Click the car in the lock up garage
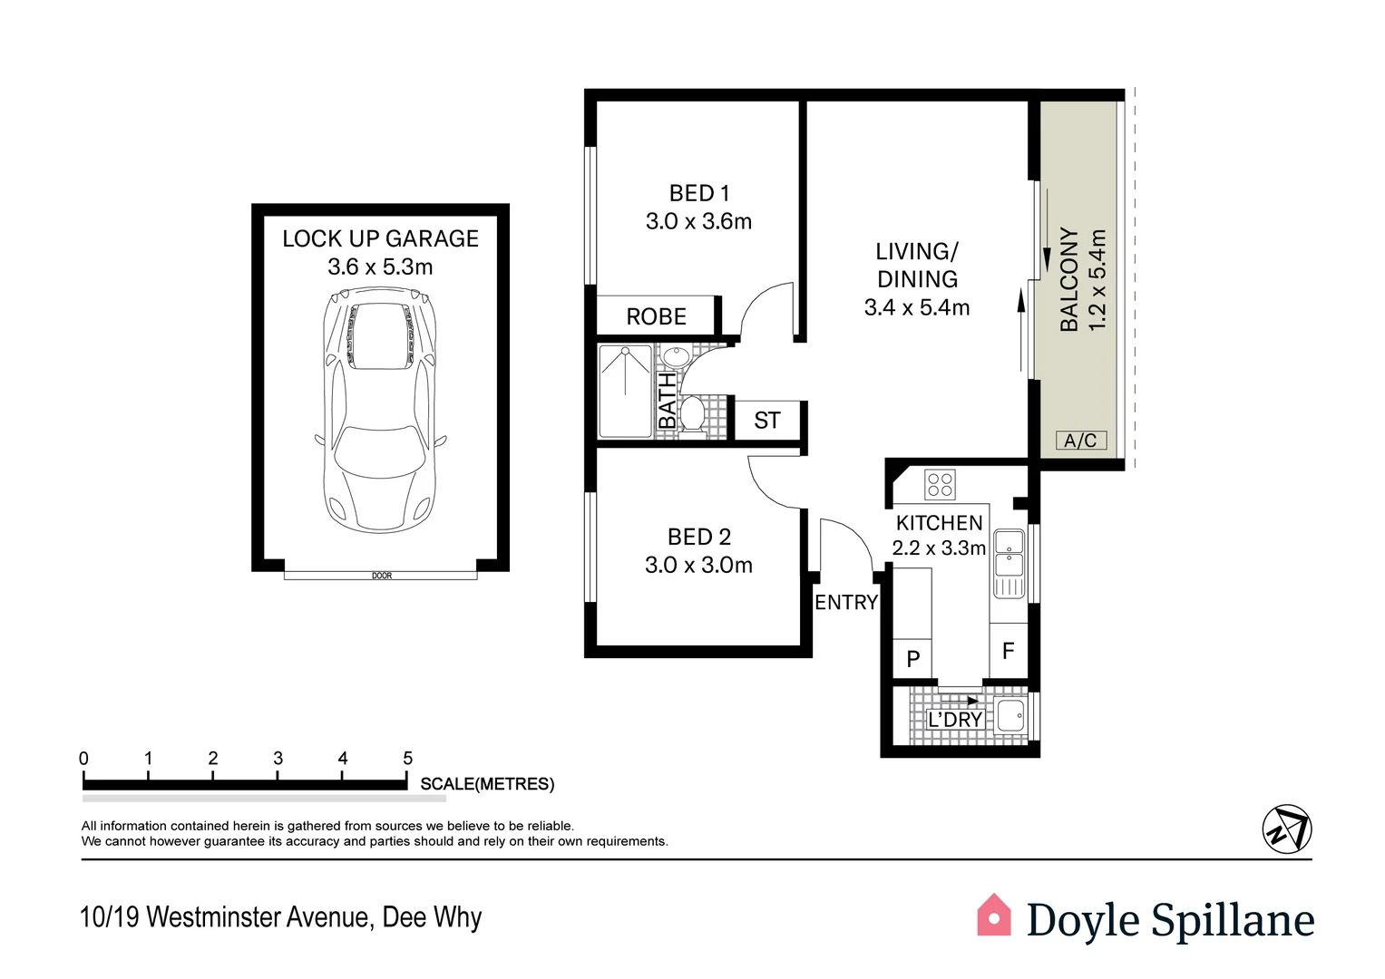point(380,410)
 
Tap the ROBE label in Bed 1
point(656,316)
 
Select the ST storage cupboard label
point(766,421)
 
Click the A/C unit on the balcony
point(1081,440)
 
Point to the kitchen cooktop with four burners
point(940,485)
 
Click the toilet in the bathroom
point(693,414)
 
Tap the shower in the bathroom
point(625,392)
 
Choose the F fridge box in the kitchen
point(1008,651)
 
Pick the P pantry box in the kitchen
point(912,658)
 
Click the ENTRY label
point(846,602)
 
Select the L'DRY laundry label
point(955,720)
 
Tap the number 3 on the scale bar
point(278,759)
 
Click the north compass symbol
point(1287,829)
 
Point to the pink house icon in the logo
point(993,915)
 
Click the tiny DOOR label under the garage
point(382,576)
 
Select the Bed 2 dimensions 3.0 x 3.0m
point(698,565)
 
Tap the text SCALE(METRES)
point(487,784)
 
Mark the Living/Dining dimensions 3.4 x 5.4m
point(916,307)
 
